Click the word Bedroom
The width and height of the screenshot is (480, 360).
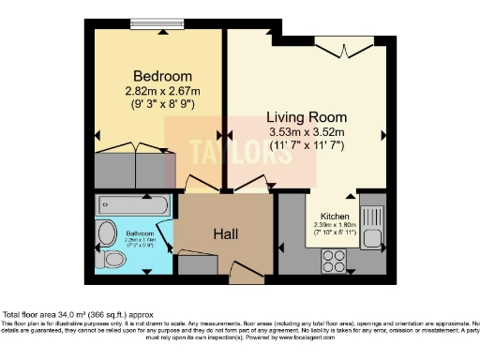[162, 76]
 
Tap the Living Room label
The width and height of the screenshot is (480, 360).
[307, 117]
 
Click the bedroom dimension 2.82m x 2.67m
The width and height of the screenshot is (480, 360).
[162, 91]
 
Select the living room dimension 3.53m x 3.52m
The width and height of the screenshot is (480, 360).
[307, 132]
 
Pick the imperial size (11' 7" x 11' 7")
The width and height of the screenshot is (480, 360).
[307, 146]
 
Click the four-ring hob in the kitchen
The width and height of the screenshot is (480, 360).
[334, 259]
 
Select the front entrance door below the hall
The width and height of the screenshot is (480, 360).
[247, 277]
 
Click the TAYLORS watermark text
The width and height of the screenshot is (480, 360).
[230, 152]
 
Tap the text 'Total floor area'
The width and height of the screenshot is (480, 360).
[35, 313]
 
